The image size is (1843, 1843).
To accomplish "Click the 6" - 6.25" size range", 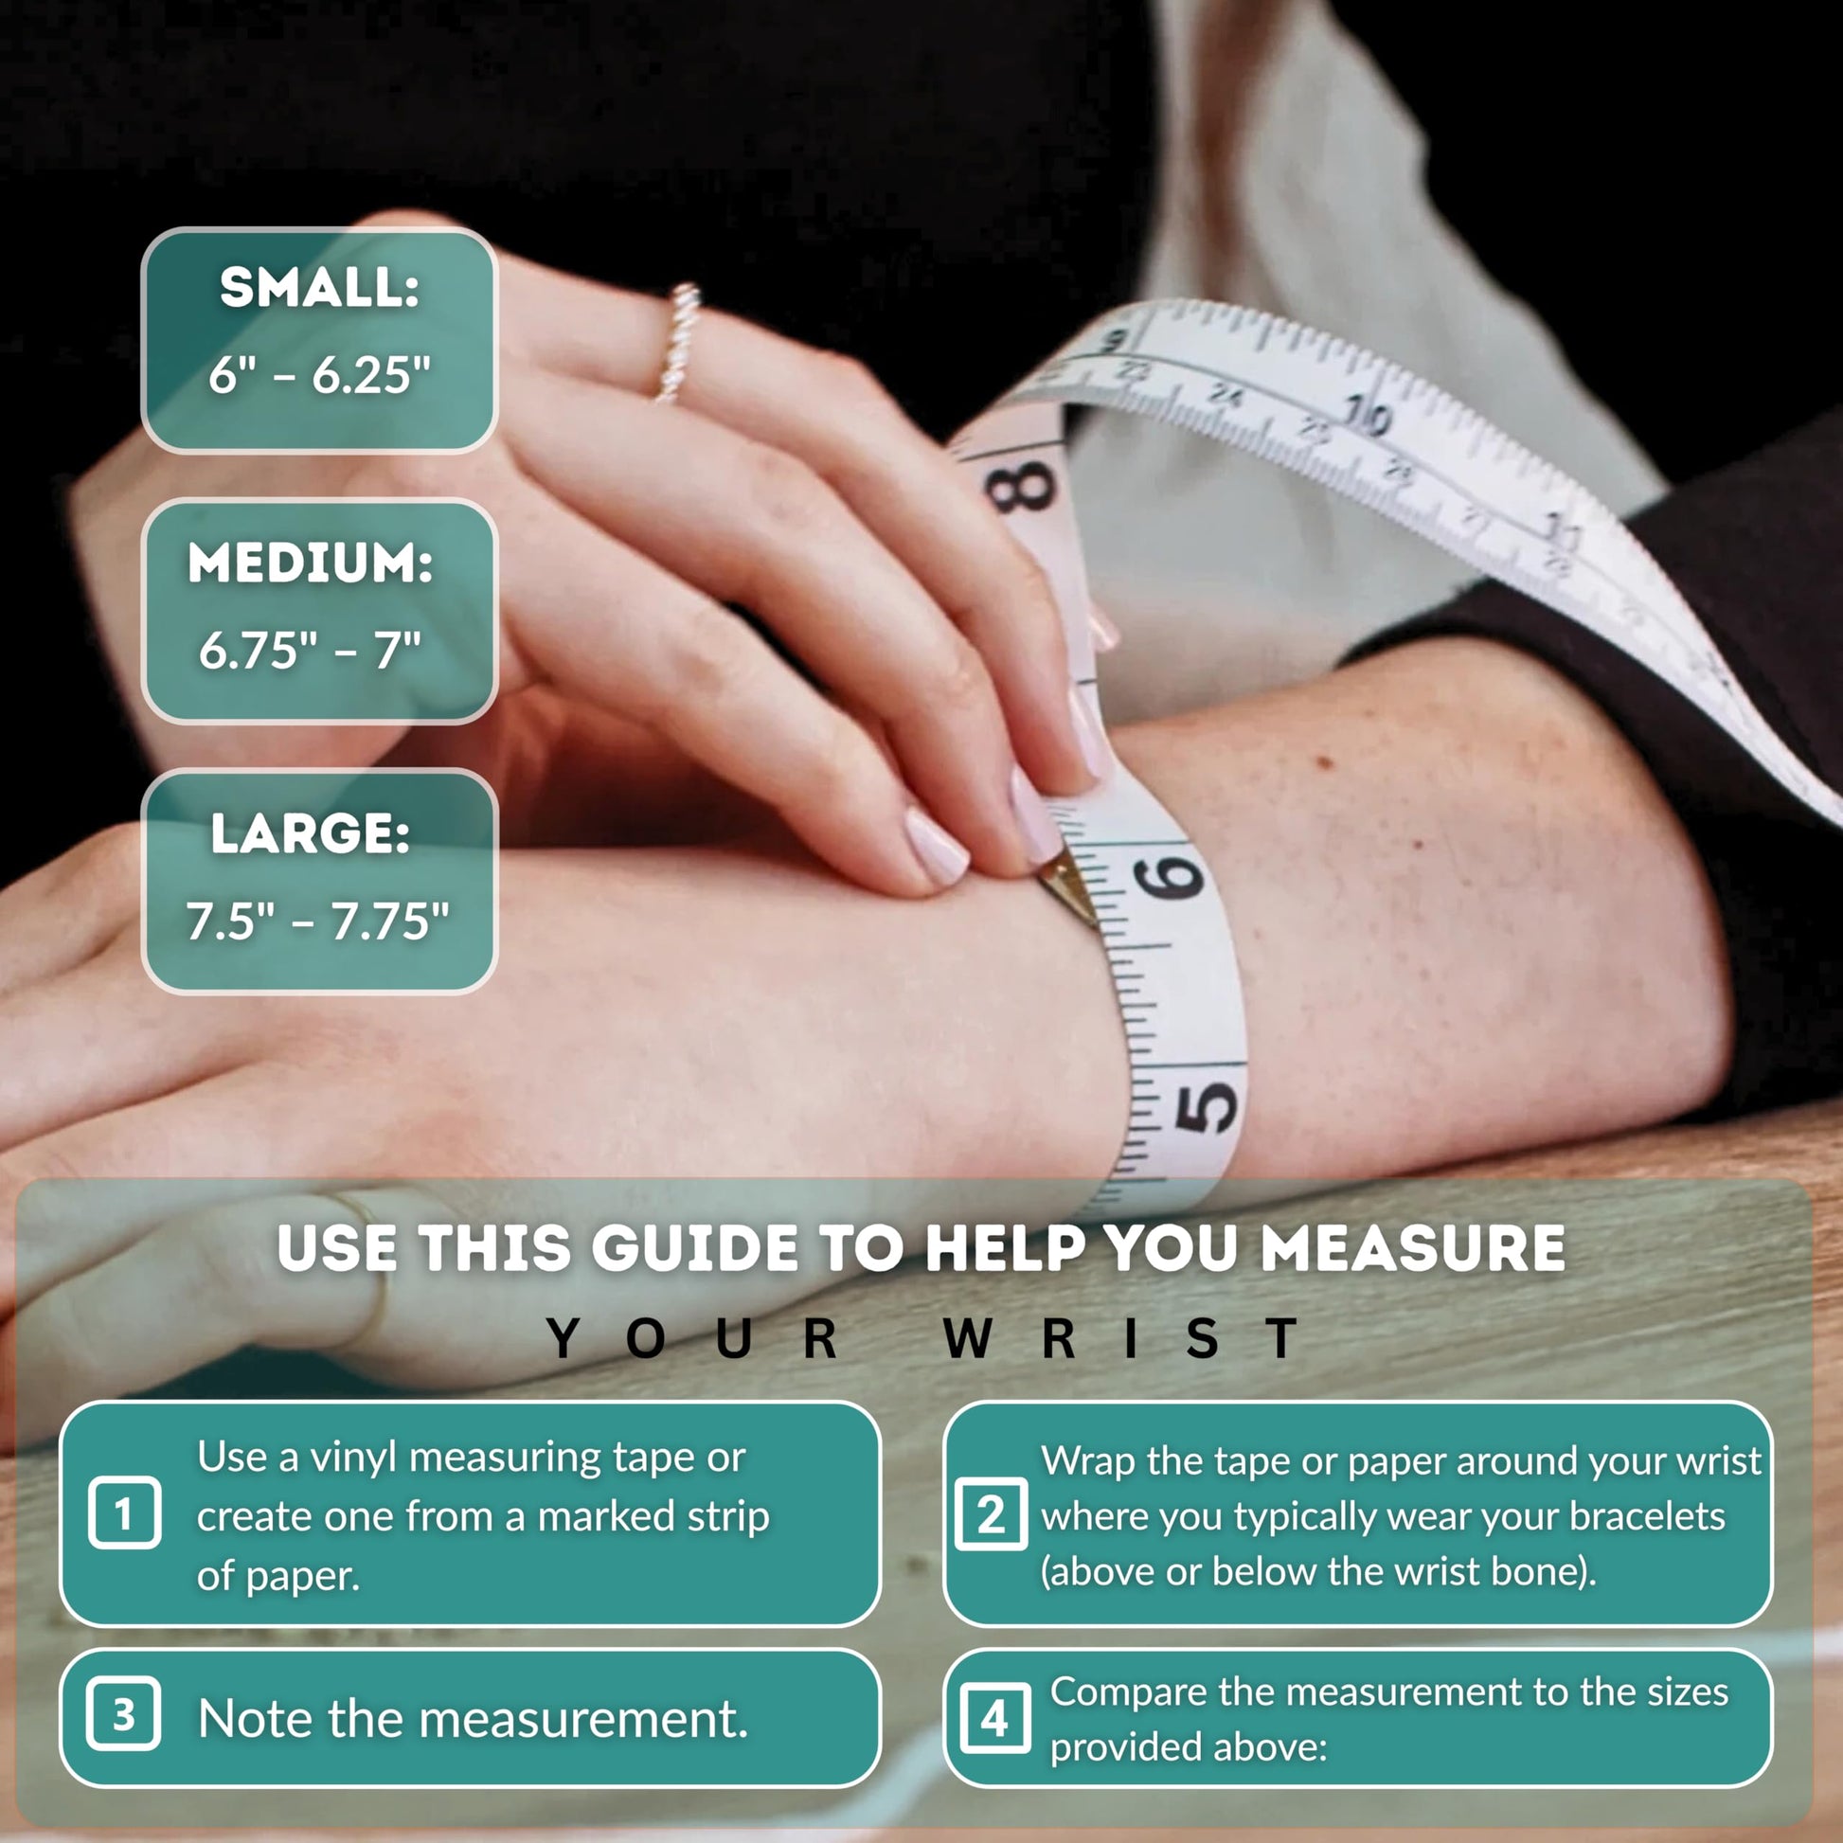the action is [x=319, y=375].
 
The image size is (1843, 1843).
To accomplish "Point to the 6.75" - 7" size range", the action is [x=310, y=651].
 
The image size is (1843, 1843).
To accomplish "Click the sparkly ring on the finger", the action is [x=678, y=342].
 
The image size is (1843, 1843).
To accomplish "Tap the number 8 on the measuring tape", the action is [x=1022, y=488].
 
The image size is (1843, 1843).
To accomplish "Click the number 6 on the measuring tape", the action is [x=1171, y=878].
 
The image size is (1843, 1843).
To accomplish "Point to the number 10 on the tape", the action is [x=1367, y=416].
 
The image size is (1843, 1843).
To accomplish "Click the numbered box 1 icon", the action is [x=124, y=1512].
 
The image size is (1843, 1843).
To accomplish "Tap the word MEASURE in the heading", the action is [x=1413, y=1247].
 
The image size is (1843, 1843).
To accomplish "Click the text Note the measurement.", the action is [x=474, y=1718].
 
